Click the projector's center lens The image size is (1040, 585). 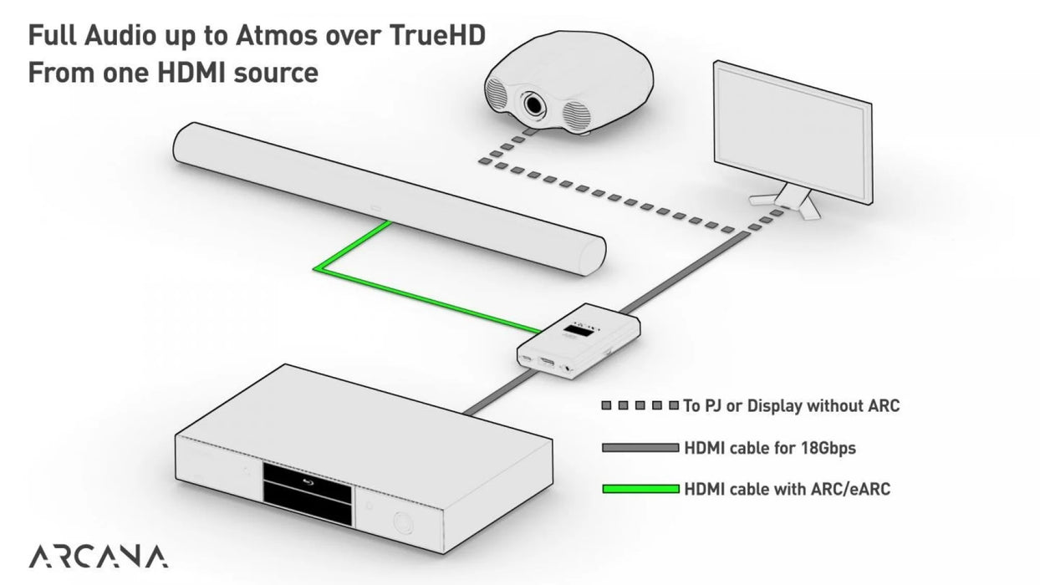532,104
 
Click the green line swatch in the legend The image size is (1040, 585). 640,488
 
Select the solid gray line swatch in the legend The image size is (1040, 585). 640,449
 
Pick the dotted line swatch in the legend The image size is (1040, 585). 640,407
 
